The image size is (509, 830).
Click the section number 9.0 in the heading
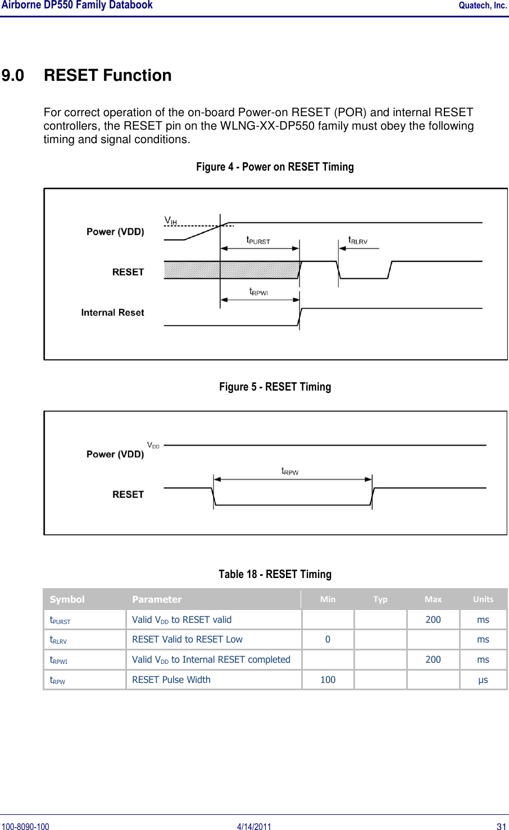(x=13, y=75)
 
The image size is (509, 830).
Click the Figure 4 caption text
(x=275, y=167)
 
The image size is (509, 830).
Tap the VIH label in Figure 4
(x=170, y=221)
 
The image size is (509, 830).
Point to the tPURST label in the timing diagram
(x=258, y=240)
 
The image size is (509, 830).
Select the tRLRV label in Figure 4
(x=358, y=240)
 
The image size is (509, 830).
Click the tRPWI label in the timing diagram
(x=258, y=292)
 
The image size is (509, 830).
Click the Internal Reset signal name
(x=112, y=313)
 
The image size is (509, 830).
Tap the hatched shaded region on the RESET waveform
(x=230, y=270)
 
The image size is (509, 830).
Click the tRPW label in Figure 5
(x=290, y=471)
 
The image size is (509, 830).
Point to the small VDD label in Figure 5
(x=153, y=445)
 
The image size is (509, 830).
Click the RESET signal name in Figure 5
(x=128, y=494)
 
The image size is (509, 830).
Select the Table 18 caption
(x=275, y=574)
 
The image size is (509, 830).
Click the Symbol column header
(x=67, y=599)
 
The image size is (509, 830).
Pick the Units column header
(x=483, y=599)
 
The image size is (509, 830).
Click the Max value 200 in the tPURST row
(x=433, y=620)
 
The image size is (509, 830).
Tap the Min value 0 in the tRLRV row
(x=328, y=639)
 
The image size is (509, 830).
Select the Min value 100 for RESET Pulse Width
(x=328, y=680)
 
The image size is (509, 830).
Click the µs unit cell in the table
(x=483, y=680)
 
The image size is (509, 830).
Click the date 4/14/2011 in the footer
(x=254, y=826)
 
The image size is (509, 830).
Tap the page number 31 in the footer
(x=502, y=826)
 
